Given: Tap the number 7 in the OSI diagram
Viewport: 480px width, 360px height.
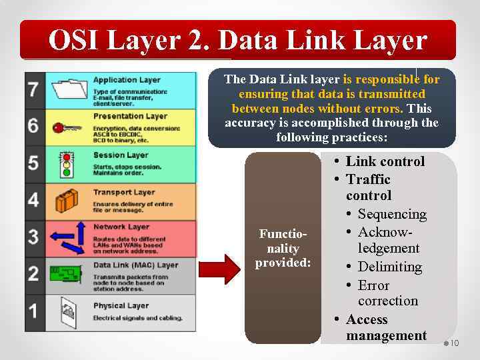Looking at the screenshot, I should point(33,89).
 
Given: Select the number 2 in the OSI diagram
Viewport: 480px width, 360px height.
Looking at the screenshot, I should point(33,274).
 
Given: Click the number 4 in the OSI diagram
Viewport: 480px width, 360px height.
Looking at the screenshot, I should point(33,200).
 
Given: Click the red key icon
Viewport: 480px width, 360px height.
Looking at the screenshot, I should point(66,127).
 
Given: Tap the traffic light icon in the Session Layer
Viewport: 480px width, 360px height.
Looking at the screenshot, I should point(66,164).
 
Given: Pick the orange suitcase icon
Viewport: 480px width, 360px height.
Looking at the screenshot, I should point(67,201).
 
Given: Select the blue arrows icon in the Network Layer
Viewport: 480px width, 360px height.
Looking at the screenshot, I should point(66,237).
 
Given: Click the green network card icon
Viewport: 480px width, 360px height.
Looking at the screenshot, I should point(66,274).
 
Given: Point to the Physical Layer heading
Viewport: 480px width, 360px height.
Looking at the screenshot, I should point(121,306).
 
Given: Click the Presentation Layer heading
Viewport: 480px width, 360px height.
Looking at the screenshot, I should point(129,117).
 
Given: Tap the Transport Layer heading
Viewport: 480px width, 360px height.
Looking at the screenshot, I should point(123,193).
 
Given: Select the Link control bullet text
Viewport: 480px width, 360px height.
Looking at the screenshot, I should point(385,161).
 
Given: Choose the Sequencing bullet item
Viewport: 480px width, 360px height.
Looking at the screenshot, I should point(391,214).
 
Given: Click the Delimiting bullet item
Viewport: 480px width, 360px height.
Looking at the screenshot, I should point(389,267).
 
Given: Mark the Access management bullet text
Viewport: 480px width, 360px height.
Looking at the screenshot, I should point(385,327).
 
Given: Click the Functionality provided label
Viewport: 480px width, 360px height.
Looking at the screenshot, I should point(283,249).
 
